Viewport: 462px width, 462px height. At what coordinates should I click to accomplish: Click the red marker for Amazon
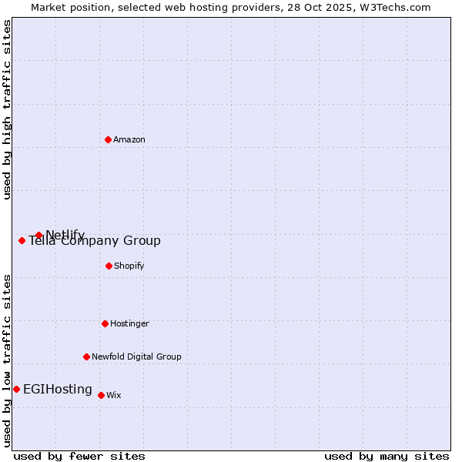coord(108,139)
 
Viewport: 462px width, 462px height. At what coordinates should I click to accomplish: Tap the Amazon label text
coord(129,140)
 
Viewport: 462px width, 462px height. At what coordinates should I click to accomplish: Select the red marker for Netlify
coord(38,235)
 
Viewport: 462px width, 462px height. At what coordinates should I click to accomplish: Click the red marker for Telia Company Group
coord(22,240)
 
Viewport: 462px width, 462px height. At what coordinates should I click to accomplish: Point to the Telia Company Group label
coord(95,241)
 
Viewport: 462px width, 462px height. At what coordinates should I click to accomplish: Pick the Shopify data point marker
coord(109,266)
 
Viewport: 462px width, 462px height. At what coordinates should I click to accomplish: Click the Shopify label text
coord(129,266)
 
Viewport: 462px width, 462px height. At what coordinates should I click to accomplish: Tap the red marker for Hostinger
coord(105,323)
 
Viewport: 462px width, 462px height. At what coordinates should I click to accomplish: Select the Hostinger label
coord(129,324)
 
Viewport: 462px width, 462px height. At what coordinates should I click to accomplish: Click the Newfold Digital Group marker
coord(86,357)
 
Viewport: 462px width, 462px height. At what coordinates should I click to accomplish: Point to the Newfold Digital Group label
coord(136,357)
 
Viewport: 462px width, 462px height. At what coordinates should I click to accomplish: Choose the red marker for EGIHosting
coord(16,389)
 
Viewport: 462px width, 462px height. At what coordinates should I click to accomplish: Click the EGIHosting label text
coord(58,390)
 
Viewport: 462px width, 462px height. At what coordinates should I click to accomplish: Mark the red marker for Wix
coord(101,395)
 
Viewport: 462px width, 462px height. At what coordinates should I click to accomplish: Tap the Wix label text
coord(114,396)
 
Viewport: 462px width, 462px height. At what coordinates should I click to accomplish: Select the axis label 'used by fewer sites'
coord(79,456)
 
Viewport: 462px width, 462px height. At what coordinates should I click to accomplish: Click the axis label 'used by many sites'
coord(387,456)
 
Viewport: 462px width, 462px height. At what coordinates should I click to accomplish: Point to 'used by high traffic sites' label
coord(8,109)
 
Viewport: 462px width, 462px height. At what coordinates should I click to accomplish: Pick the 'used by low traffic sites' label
coord(8,360)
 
